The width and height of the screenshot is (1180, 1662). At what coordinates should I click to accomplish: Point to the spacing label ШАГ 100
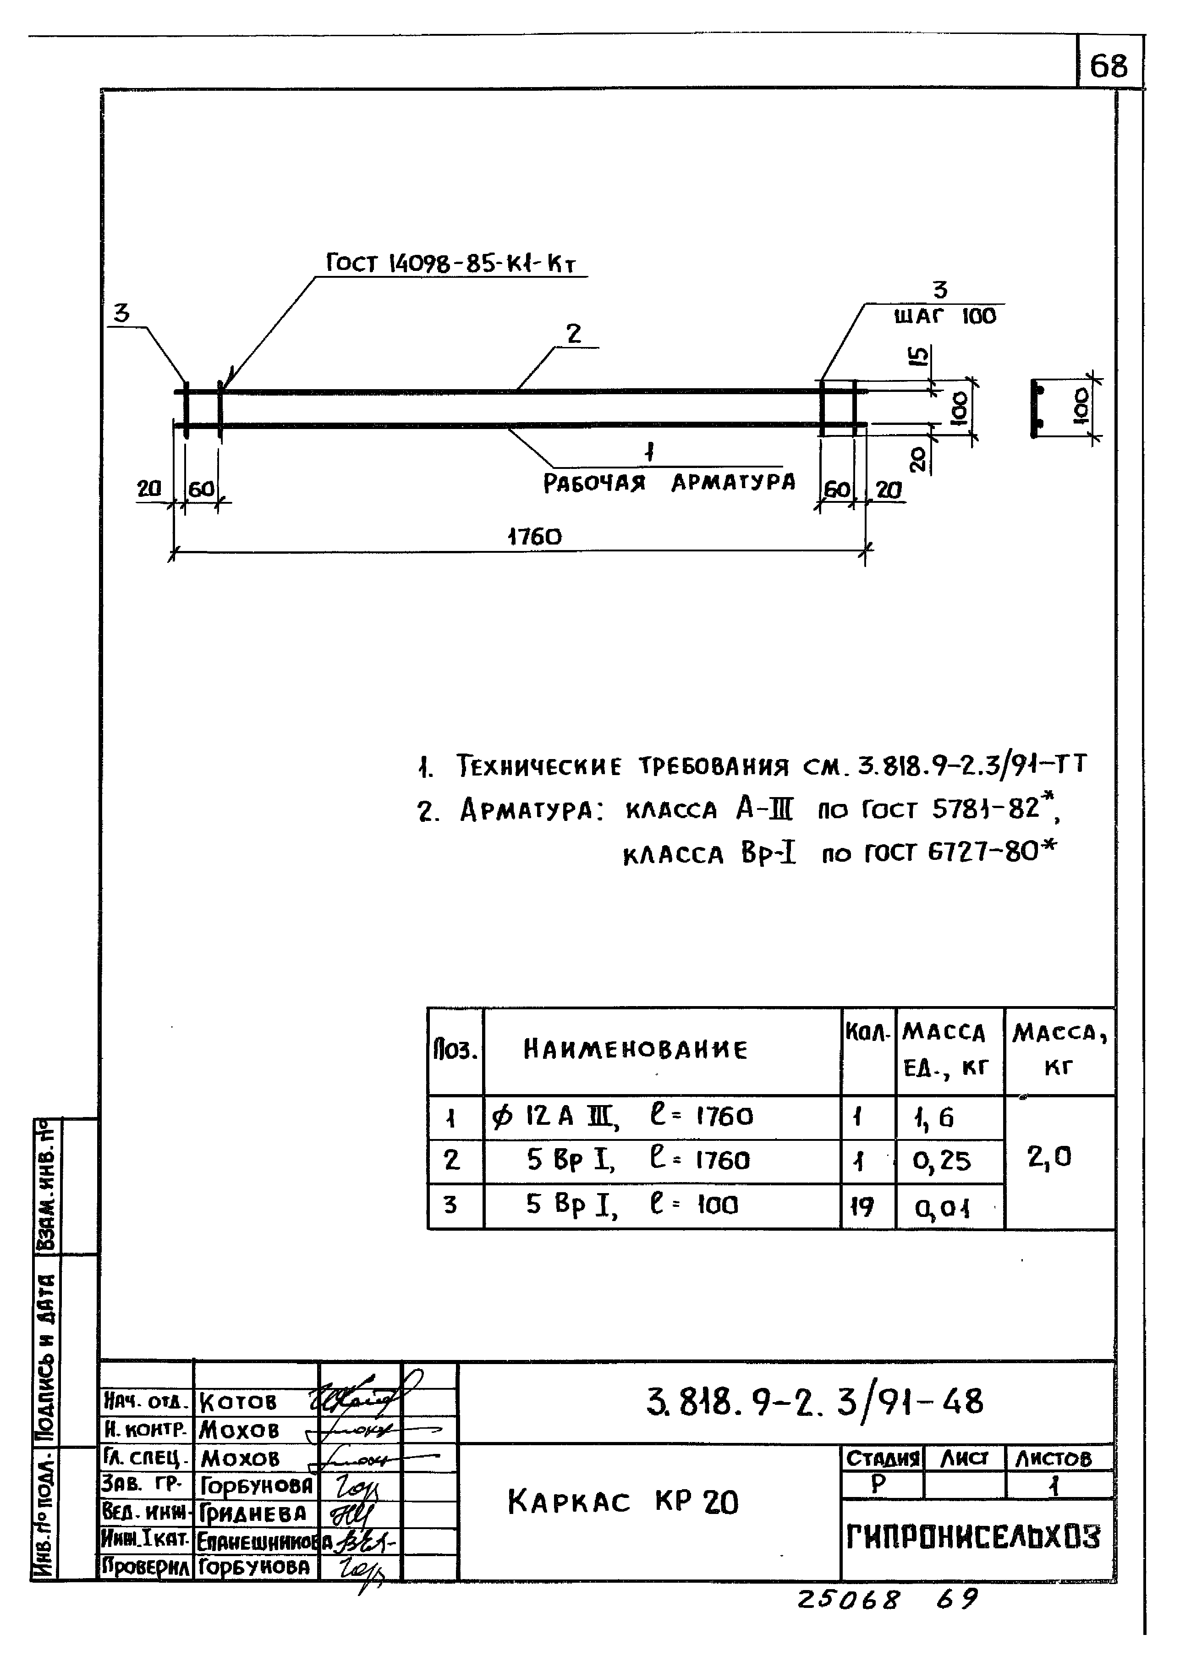coord(944,317)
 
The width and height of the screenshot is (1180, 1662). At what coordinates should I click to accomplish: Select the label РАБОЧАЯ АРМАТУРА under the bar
coord(669,483)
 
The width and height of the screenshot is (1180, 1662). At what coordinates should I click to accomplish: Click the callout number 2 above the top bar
coord(574,334)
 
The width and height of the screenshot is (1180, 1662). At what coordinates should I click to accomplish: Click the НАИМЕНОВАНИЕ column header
coord(635,1050)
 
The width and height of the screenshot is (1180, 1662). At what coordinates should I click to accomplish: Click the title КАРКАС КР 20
coord(623,1502)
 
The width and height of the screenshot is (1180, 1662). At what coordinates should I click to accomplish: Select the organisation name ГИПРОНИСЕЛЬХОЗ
coord(974,1538)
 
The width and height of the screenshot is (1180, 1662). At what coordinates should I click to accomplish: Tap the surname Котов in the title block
coord(237,1402)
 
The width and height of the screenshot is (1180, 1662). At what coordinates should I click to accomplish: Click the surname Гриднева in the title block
coord(253,1514)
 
